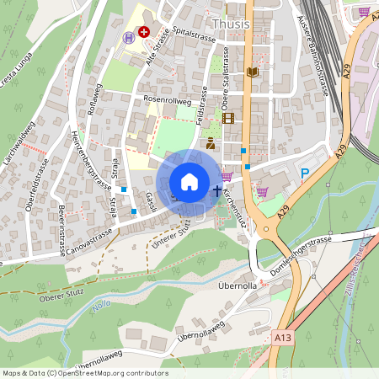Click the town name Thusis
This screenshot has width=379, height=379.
(x=231, y=24)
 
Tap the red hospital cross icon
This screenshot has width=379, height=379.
(x=144, y=32)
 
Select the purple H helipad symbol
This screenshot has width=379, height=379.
(x=129, y=37)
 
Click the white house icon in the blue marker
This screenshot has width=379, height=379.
(x=189, y=181)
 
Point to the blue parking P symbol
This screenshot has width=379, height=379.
(x=305, y=173)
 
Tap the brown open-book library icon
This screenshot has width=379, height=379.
(x=252, y=72)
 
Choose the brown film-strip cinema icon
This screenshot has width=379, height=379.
(x=229, y=118)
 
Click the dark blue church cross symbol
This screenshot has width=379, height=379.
(x=217, y=191)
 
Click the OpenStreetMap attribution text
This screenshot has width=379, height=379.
(x=85, y=373)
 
